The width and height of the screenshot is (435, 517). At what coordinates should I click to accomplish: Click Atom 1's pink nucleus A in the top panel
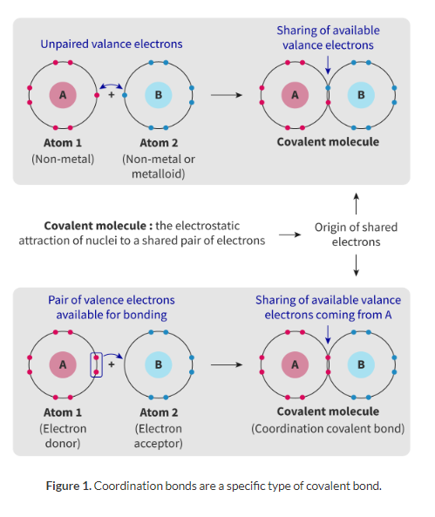click(x=63, y=95)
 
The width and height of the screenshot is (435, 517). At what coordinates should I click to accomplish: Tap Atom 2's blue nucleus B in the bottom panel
click(x=159, y=364)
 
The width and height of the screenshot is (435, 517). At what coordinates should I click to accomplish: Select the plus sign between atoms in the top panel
click(x=112, y=95)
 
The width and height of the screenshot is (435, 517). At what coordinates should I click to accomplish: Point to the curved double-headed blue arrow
click(x=111, y=85)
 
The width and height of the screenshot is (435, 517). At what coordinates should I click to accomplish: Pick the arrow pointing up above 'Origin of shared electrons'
click(x=357, y=203)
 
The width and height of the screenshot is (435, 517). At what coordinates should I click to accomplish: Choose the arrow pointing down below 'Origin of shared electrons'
click(x=357, y=265)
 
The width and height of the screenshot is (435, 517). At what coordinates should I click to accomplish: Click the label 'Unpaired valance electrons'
click(x=112, y=44)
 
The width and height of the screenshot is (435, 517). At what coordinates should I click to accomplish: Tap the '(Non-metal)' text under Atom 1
click(x=63, y=160)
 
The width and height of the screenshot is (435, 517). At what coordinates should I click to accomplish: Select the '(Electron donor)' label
click(x=63, y=436)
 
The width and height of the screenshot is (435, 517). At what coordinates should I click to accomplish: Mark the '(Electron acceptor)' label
click(x=159, y=436)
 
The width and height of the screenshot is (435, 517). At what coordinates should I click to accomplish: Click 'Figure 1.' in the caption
click(x=69, y=486)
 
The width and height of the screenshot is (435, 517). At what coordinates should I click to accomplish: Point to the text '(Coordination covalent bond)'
click(x=328, y=429)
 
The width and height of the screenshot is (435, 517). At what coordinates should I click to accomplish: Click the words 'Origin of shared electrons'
click(x=357, y=235)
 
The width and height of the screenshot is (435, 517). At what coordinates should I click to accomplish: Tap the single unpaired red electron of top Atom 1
click(x=97, y=95)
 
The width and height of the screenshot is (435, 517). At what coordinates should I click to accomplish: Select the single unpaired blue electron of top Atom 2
click(x=125, y=95)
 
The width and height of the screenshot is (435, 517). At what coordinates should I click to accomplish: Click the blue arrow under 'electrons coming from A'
click(x=328, y=335)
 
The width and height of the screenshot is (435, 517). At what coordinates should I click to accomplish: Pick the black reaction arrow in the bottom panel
click(x=227, y=364)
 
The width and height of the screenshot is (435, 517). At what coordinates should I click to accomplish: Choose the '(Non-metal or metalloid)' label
click(x=159, y=167)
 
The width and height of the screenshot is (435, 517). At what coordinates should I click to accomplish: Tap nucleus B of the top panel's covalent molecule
click(x=361, y=95)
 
